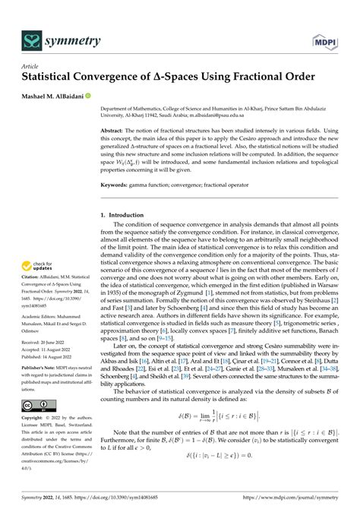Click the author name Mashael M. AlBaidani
tap(54, 96)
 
